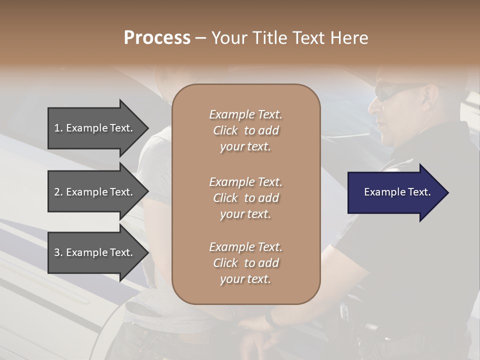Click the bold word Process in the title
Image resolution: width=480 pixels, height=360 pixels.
pos(157,38)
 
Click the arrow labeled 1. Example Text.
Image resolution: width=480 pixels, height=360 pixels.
pos(95,128)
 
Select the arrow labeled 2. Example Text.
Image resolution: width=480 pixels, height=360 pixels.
pos(95,192)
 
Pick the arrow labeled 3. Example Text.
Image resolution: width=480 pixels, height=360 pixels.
pos(95,252)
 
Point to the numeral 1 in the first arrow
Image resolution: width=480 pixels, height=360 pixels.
pos(57,128)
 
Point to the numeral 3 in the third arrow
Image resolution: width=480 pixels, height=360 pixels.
pos(57,252)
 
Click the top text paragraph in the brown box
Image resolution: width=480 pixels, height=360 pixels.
pos(245,130)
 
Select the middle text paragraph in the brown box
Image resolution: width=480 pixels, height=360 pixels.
pos(245,197)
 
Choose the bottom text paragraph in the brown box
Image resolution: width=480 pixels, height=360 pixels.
pos(245,263)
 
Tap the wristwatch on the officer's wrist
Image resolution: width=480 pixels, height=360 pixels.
pos(272,318)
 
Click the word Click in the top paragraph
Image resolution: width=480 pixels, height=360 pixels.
pos(225,130)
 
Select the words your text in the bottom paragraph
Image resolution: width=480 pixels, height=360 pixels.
pos(245,279)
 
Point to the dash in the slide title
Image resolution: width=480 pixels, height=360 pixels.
pos(200,38)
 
